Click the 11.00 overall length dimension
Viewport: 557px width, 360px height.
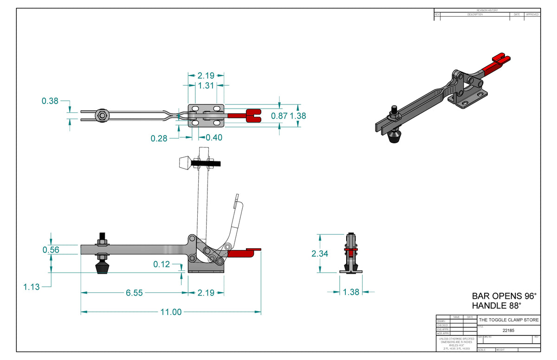point(171,312)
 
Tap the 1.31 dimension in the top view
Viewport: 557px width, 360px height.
point(206,85)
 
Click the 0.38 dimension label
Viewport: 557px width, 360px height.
point(50,101)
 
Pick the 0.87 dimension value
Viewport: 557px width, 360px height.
point(279,116)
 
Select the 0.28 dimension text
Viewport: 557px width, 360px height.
point(159,138)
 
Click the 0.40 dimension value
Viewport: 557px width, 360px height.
point(214,138)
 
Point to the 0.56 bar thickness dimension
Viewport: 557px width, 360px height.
point(51,250)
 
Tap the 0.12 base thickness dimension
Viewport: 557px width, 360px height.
point(162,264)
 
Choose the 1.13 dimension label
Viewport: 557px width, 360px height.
point(32,287)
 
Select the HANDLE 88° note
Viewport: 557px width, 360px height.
point(496,306)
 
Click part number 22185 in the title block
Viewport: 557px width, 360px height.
point(508,331)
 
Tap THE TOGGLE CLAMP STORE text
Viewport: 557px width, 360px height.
point(509,320)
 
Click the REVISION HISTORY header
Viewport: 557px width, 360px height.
point(487,10)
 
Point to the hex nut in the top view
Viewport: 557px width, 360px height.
point(101,116)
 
